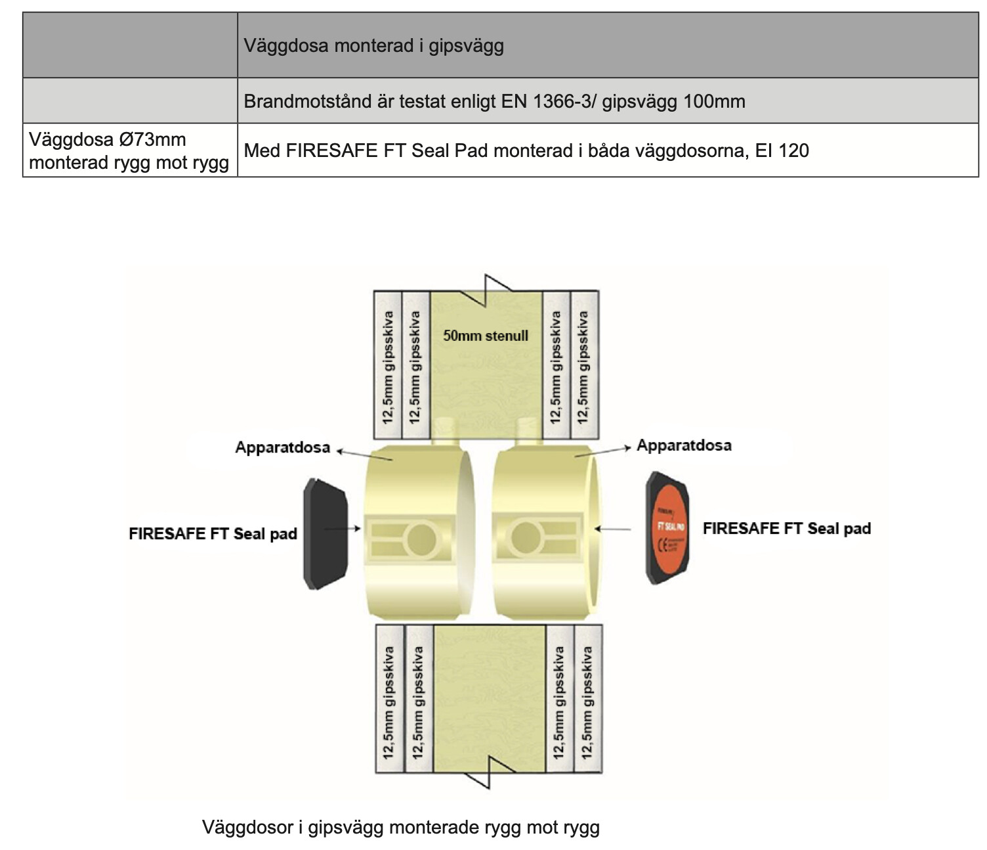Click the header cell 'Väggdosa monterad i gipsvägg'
(x=373, y=46)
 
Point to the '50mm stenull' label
(x=485, y=336)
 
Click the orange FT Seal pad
(x=668, y=527)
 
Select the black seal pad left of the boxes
(x=325, y=533)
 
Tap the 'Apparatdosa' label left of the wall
(x=282, y=448)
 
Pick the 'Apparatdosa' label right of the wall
(x=684, y=445)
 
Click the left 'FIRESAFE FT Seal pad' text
(x=213, y=533)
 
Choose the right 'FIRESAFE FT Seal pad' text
(x=786, y=529)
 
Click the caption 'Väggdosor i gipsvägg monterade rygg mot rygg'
(x=400, y=827)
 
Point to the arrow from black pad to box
(x=343, y=528)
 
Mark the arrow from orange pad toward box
(x=614, y=528)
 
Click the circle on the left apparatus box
(x=421, y=539)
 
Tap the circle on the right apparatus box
(x=525, y=537)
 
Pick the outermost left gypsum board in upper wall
(x=387, y=365)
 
